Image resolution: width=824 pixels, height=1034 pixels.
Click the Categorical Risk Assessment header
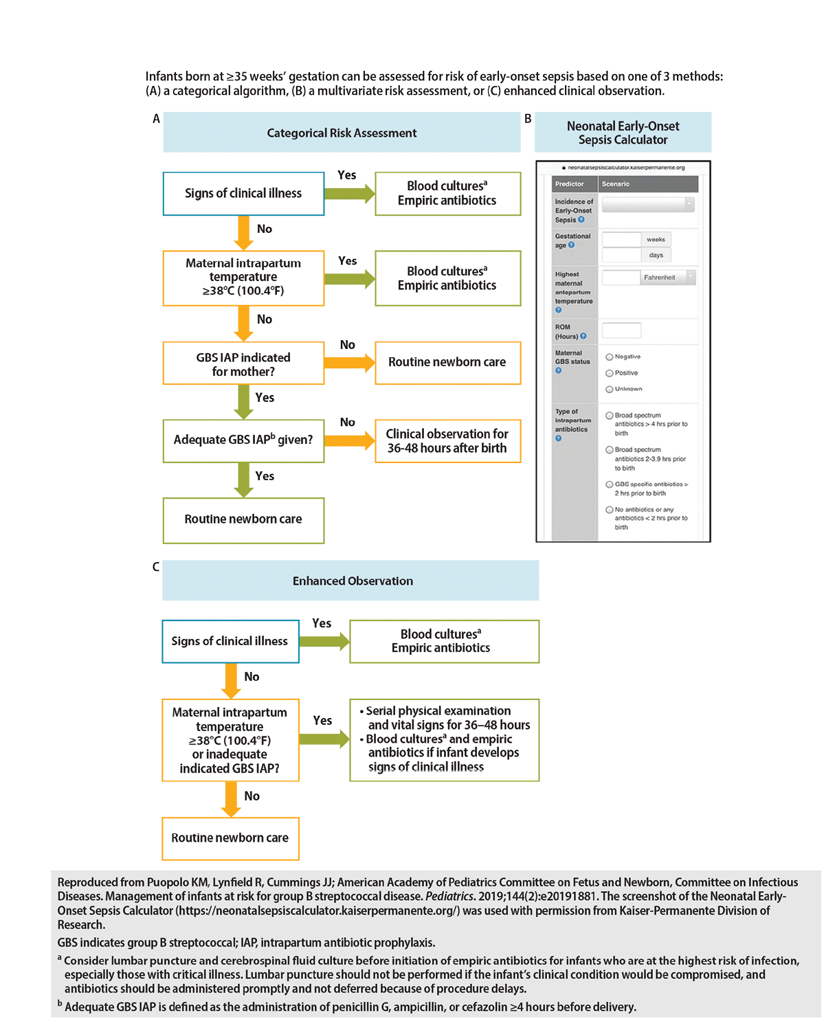coord(342,132)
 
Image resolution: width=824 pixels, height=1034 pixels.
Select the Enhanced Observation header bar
coord(350,580)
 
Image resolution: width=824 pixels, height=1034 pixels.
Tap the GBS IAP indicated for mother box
coord(243,363)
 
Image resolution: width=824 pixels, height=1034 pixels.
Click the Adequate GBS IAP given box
coord(243,440)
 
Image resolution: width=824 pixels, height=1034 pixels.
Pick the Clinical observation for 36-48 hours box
coord(447,440)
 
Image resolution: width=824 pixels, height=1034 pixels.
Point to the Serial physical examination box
coord(444,740)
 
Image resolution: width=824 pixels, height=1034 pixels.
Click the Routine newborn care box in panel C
coord(230,838)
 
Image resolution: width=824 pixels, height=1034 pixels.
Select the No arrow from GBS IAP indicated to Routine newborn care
coord(350,363)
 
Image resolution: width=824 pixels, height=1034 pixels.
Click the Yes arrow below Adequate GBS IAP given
coord(244,480)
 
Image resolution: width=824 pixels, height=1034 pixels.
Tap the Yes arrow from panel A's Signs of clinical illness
coord(350,194)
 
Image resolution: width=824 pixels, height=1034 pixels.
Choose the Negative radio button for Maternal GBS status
coord(609,357)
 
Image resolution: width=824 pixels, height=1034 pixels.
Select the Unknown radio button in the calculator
coord(609,389)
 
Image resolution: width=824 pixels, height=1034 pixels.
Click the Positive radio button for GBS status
coord(609,373)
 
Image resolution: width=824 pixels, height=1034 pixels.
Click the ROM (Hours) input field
coord(621,330)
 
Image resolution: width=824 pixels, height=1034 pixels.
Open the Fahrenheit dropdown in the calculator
coord(668,278)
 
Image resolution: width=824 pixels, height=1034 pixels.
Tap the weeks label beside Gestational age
coord(656,239)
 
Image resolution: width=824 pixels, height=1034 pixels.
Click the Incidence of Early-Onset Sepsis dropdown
coord(648,204)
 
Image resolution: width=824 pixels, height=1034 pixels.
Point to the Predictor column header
coord(569,183)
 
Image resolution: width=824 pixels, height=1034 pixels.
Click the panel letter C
coord(156,567)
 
